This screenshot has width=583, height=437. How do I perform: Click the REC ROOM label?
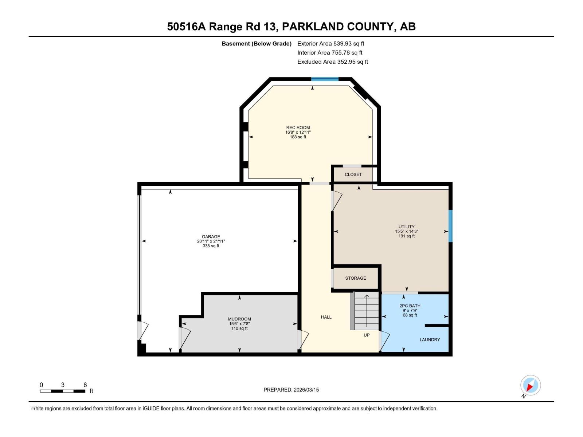click(x=298, y=128)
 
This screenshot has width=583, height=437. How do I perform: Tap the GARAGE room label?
click(x=211, y=237)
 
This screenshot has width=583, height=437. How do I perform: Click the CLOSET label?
click(x=353, y=175)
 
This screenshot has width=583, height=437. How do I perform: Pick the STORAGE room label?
click(x=356, y=278)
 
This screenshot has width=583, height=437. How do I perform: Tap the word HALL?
click(x=326, y=317)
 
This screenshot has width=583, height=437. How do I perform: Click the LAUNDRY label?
click(x=430, y=340)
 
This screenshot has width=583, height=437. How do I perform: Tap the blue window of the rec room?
click(x=325, y=79)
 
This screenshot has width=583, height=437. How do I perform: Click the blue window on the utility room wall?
click(x=450, y=226)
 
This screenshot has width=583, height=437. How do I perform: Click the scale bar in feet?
click(x=63, y=391)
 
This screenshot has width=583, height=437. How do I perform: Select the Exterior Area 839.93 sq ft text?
click(x=330, y=44)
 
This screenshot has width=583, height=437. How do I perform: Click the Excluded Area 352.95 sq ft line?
click(x=332, y=62)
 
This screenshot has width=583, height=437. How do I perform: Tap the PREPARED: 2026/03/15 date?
click(x=291, y=390)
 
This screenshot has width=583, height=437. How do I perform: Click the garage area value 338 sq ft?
click(x=211, y=246)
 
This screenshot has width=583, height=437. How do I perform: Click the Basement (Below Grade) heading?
click(x=257, y=44)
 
